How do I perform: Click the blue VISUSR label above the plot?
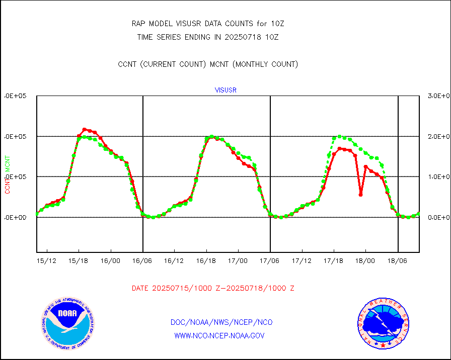point(225,91)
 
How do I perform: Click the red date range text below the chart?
point(213,288)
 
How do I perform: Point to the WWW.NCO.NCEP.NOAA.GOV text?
point(219,335)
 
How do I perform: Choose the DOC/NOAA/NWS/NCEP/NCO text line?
point(222,322)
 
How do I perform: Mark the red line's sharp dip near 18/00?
point(360,195)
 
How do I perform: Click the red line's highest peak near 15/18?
point(84,129)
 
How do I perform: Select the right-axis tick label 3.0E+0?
point(437,96)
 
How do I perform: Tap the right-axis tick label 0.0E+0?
point(437,217)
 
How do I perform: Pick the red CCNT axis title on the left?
point(8,187)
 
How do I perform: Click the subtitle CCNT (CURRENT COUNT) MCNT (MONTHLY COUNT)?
point(208,64)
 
